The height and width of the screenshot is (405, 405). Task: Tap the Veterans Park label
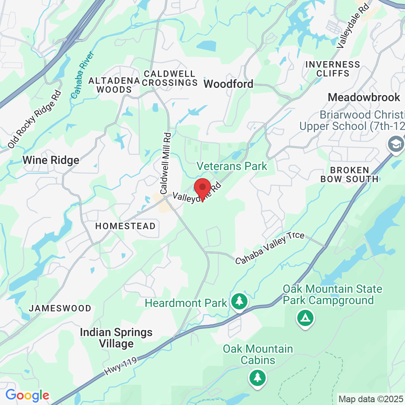[232, 166]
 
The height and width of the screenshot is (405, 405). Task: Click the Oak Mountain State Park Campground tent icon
[305, 318]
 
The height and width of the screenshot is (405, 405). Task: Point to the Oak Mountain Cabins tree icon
[257, 377]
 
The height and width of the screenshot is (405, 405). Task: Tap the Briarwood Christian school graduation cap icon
[394, 144]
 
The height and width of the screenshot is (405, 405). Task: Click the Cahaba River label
[82, 75]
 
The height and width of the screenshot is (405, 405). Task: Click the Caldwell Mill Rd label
[166, 163]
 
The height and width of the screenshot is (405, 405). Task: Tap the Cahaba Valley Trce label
[270, 248]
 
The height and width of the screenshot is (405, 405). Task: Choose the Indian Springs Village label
[116, 338]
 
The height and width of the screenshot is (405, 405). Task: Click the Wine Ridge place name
[51, 160]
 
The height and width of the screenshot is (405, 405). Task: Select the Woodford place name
[228, 84]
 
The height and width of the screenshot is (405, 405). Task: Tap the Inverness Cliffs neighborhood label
[333, 69]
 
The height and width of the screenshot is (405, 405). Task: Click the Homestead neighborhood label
[125, 226]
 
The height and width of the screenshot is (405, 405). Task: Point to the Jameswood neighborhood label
[60, 308]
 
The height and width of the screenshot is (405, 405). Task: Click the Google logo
[27, 395]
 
